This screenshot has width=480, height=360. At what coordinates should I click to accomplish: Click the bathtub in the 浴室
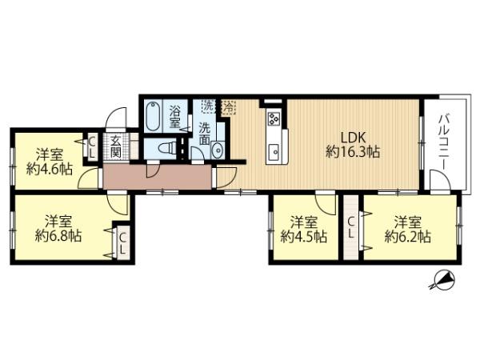pos(153,116)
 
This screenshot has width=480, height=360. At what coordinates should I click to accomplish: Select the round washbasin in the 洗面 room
pos(218,150)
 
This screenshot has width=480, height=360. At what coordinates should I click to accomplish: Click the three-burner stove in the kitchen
pos(274,118)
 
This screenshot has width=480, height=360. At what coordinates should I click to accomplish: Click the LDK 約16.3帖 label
pos(353,145)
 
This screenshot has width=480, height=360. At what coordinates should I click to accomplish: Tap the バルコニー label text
pos(446,142)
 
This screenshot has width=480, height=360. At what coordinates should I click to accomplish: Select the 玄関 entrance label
pos(116,146)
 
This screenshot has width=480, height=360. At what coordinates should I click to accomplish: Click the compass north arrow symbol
pos(442,280)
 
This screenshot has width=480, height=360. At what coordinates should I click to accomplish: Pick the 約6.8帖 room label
pos(58,236)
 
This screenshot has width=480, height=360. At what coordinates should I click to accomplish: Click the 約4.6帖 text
pos(50,169)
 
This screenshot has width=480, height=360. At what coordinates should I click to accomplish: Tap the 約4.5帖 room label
pos(304,237)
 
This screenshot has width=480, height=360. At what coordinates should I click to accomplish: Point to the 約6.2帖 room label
pos(408,237)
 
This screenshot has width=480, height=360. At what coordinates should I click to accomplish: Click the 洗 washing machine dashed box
pos(209,106)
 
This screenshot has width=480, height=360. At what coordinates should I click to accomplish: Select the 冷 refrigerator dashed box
pos(228,107)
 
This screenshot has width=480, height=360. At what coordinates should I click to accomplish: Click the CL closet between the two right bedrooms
pos(351,227)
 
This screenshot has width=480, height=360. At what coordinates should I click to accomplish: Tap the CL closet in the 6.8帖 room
pos(122,244)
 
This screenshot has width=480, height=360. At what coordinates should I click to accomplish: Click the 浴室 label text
pos(175,117)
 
